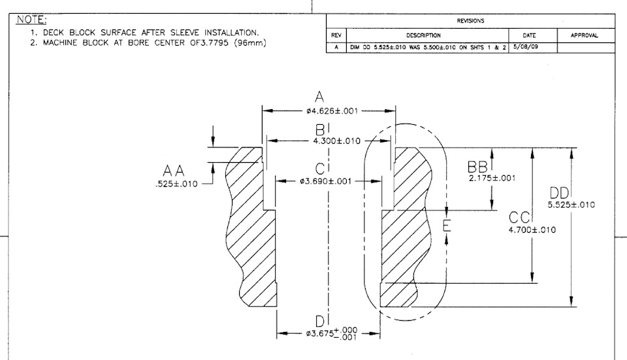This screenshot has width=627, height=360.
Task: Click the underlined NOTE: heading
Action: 31,20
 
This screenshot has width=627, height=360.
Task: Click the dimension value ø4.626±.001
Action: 332,111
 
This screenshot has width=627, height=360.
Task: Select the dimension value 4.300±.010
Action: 337,141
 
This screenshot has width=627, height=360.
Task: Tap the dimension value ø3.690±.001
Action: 326,181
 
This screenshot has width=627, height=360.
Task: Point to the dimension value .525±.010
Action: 176,184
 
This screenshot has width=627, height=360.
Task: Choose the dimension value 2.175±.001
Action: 492,178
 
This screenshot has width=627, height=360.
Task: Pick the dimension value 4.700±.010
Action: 532,229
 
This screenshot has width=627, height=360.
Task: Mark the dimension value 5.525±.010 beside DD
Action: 571,205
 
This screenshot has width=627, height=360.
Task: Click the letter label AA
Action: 174,171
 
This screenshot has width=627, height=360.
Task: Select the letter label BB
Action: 477,167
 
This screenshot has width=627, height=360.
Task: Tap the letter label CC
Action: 519,218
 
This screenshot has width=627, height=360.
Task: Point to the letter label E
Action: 447,225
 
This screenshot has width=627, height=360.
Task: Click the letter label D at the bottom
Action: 319,321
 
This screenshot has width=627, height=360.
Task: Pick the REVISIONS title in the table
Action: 471,21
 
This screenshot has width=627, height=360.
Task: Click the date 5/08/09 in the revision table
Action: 525,47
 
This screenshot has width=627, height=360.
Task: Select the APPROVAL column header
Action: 584,35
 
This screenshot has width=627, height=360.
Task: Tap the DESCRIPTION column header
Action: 423,35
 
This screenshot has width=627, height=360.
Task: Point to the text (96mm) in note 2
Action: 250,43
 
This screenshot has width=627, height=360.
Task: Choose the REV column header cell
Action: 336,35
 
